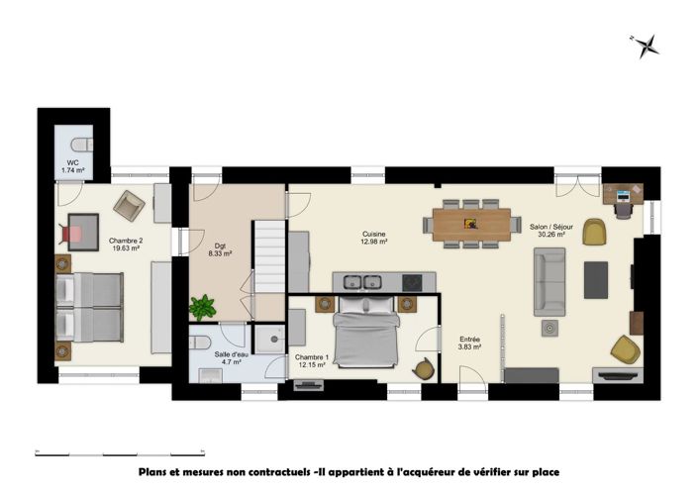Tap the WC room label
click(x=72, y=166)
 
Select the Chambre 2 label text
click(x=98, y=245)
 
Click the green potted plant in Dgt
click(x=203, y=307)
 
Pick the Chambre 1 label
click(x=312, y=361)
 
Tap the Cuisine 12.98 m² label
click(x=373, y=239)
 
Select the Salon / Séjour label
click(x=550, y=231)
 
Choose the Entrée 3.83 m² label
click(x=469, y=343)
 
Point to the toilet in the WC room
click(x=82, y=141)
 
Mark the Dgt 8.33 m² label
click(x=219, y=249)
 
